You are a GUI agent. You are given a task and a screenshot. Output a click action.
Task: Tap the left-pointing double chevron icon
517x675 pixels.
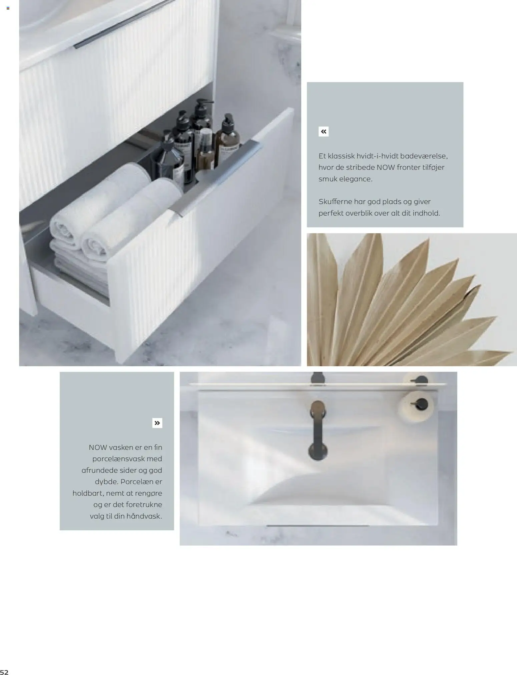tap(324, 132)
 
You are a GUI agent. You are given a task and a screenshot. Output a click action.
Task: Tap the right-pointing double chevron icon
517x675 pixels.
tap(157, 423)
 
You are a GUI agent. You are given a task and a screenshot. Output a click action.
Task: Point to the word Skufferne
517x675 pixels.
tap(335, 201)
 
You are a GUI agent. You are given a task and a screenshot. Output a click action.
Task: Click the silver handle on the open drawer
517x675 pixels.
tap(217, 178)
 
